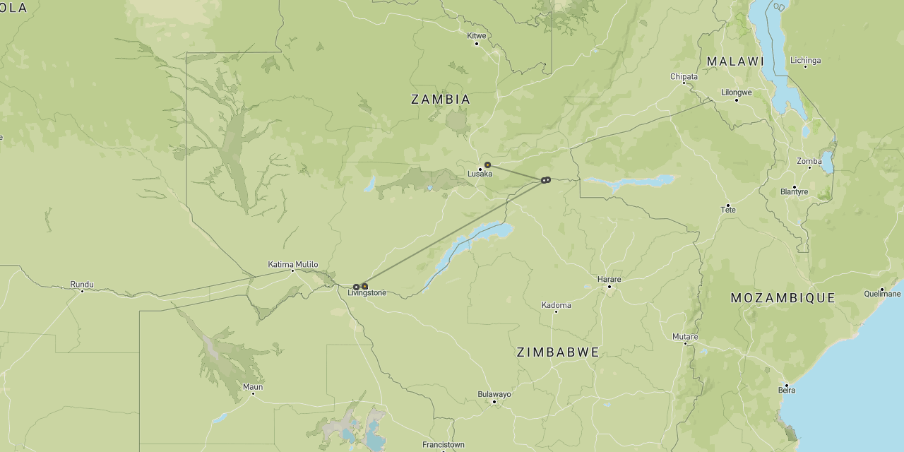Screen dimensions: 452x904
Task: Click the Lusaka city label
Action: pos(480,174)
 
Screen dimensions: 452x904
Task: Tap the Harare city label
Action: pos(609,280)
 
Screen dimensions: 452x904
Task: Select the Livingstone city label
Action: pos(367,292)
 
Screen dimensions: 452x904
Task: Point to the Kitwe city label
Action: pos(477,35)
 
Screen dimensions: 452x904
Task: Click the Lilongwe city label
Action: pos(737,92)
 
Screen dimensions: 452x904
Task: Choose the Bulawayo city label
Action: pos(494,394)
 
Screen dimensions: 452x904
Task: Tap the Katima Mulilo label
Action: pos(293,265)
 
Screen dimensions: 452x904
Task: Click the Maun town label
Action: pos(253,386)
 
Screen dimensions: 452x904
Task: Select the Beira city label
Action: pos(786,390)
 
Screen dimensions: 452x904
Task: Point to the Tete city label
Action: pos(728,210)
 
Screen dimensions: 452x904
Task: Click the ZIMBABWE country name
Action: pos(558,352)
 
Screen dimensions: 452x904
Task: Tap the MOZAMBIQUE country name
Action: pos(783,298)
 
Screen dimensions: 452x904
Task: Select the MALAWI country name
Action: pos(736,61)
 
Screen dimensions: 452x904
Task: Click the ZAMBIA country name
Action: pos(441,100)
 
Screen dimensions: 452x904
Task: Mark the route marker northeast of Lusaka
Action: pos(487,165)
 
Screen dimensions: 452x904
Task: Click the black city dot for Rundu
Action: pos(82,291)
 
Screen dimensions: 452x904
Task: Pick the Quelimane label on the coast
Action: pos(882,294)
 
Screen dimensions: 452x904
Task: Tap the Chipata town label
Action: pos(684,76)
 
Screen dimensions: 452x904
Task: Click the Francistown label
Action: pos(444,445)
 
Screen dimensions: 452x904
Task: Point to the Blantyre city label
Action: pos(795,192)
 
